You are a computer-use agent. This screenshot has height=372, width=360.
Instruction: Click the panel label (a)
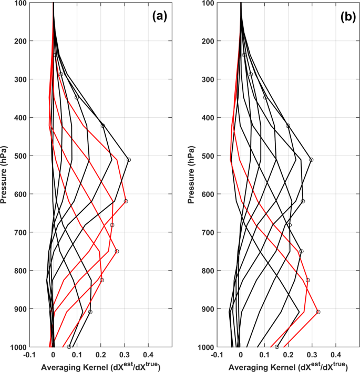(159, 16)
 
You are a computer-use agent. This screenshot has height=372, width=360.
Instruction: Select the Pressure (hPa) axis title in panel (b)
(194, 175)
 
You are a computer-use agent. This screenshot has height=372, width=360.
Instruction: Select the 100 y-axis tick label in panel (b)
(207, 3)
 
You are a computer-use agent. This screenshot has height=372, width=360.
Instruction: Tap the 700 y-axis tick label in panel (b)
(207, 232)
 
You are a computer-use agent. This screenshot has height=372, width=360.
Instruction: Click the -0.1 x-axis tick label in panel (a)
(29, 355)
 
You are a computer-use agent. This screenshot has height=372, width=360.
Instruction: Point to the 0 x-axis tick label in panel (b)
(241, 355)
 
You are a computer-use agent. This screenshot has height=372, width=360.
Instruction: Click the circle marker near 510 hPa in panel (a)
(128, 160)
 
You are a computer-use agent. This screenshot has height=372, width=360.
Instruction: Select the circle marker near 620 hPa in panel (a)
(126, 201)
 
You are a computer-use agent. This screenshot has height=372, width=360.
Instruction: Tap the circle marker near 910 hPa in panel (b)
(318, 312)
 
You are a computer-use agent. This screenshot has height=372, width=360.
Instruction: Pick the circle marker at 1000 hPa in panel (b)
(277, 347)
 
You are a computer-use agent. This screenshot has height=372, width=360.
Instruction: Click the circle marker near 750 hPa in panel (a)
(117, 251)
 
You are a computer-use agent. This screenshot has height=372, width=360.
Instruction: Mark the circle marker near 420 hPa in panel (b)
(287, 126)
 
